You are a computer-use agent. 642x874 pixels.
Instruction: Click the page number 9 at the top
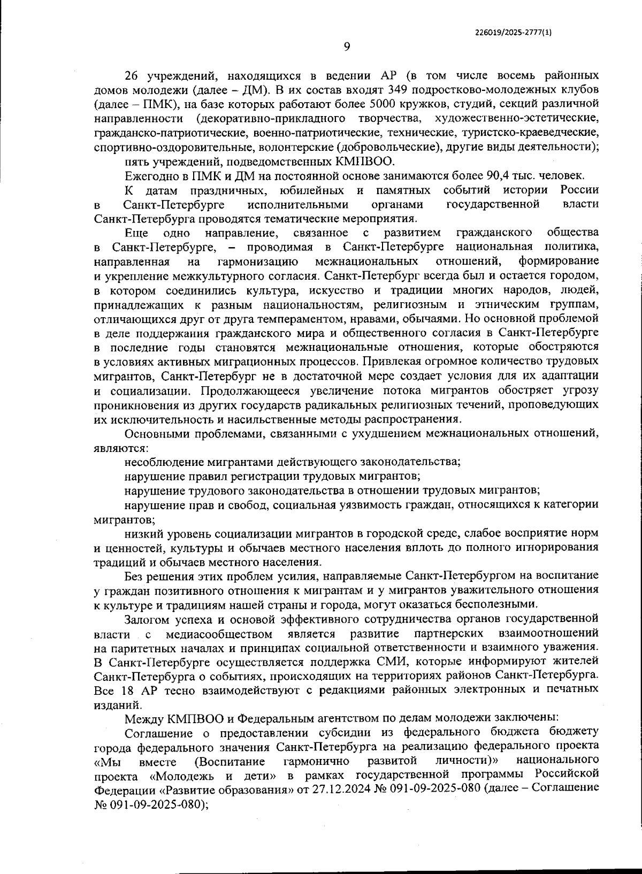click(x=346, y=47)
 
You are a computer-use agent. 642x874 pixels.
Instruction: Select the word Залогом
click(x=147, y=619)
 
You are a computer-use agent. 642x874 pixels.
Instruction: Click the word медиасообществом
click(x=219, y=634)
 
